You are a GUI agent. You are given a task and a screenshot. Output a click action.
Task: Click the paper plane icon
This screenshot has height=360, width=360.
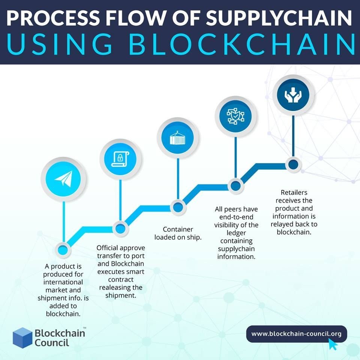(63, 179)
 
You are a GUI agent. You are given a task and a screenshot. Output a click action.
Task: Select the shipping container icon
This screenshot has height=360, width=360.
(177, 137)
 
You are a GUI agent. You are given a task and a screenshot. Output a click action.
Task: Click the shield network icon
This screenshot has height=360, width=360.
(235, 116)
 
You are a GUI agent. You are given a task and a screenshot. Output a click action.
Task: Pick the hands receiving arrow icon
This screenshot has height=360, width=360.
(293, 95)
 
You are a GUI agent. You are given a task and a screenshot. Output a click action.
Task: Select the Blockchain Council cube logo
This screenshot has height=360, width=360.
(22, 337)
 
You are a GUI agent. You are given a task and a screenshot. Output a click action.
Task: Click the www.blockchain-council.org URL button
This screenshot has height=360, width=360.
(296, 333)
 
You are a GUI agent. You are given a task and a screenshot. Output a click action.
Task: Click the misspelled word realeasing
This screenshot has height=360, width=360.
(121, 287)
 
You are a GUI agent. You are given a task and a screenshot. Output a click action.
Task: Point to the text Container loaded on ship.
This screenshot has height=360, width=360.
(178, 233)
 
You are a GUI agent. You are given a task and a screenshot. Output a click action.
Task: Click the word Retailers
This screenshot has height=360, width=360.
(294, 193)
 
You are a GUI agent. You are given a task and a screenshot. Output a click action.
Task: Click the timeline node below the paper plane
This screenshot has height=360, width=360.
(63, 249)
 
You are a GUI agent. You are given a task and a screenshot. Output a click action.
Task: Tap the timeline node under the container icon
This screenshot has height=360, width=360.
(177, 207)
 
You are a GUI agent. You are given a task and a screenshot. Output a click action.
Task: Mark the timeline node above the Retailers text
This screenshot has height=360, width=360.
(293, 164)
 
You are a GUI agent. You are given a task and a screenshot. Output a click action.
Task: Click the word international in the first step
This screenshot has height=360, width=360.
(63, 282)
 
